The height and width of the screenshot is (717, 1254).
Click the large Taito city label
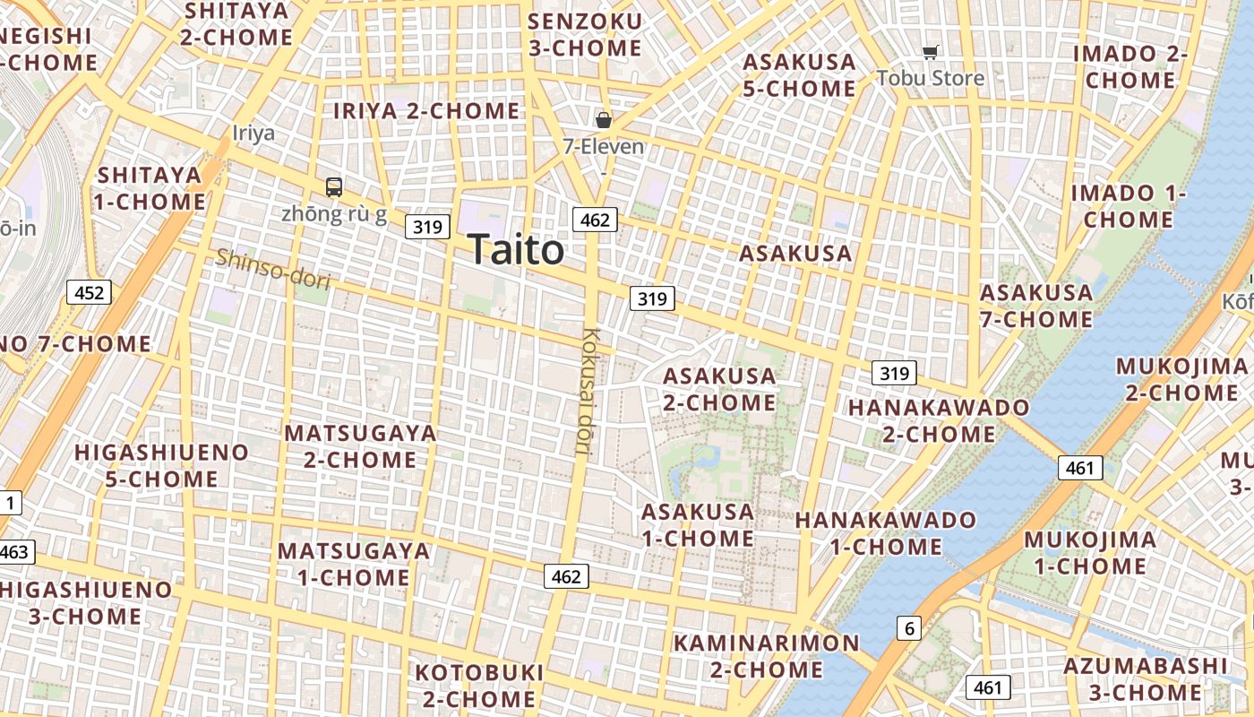516,249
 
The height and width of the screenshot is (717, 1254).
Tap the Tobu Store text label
930,78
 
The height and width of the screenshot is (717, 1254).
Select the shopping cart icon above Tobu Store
931,53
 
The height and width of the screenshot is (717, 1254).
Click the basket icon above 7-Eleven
604,119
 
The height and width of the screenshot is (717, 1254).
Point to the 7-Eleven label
603,145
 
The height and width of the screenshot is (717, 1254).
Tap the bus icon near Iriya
334,187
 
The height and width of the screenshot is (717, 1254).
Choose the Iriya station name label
253,134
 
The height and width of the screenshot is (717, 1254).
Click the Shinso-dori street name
273,269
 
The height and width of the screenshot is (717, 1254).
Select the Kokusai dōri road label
589,392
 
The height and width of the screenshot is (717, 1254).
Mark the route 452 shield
89,291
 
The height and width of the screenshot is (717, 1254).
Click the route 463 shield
15,551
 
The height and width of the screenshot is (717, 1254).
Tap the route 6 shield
909,628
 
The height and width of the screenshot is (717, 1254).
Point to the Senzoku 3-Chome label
585,34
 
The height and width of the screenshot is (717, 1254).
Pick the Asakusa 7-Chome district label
1035,306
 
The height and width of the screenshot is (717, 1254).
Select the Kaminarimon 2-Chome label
766,656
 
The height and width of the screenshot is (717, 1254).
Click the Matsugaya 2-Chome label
360,446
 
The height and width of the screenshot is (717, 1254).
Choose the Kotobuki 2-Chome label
479,685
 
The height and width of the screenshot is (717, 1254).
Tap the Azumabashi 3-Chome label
1145,678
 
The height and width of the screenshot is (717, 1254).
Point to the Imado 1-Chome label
1129,206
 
